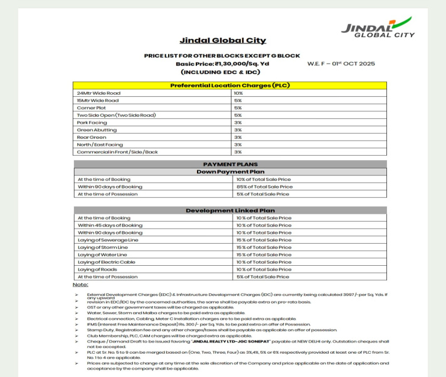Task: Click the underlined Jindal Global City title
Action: click(x=223, y=41)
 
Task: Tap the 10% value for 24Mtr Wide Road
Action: click(x=238, y=93)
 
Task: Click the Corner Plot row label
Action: click(x=91, y=108)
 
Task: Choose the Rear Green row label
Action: click(x=92, y=137)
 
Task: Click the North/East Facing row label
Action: click(x=100, y=145)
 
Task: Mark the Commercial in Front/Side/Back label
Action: click(x=117, y=152)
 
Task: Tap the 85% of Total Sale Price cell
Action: click(x=264, y=187)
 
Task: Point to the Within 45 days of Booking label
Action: click(x=110, y=225)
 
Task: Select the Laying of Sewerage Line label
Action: click(x=108, y=240)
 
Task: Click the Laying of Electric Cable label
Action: click(x=107, y=262)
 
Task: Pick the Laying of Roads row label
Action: click(x=98, y=269)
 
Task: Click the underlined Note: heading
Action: click(x=80, y=285)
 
